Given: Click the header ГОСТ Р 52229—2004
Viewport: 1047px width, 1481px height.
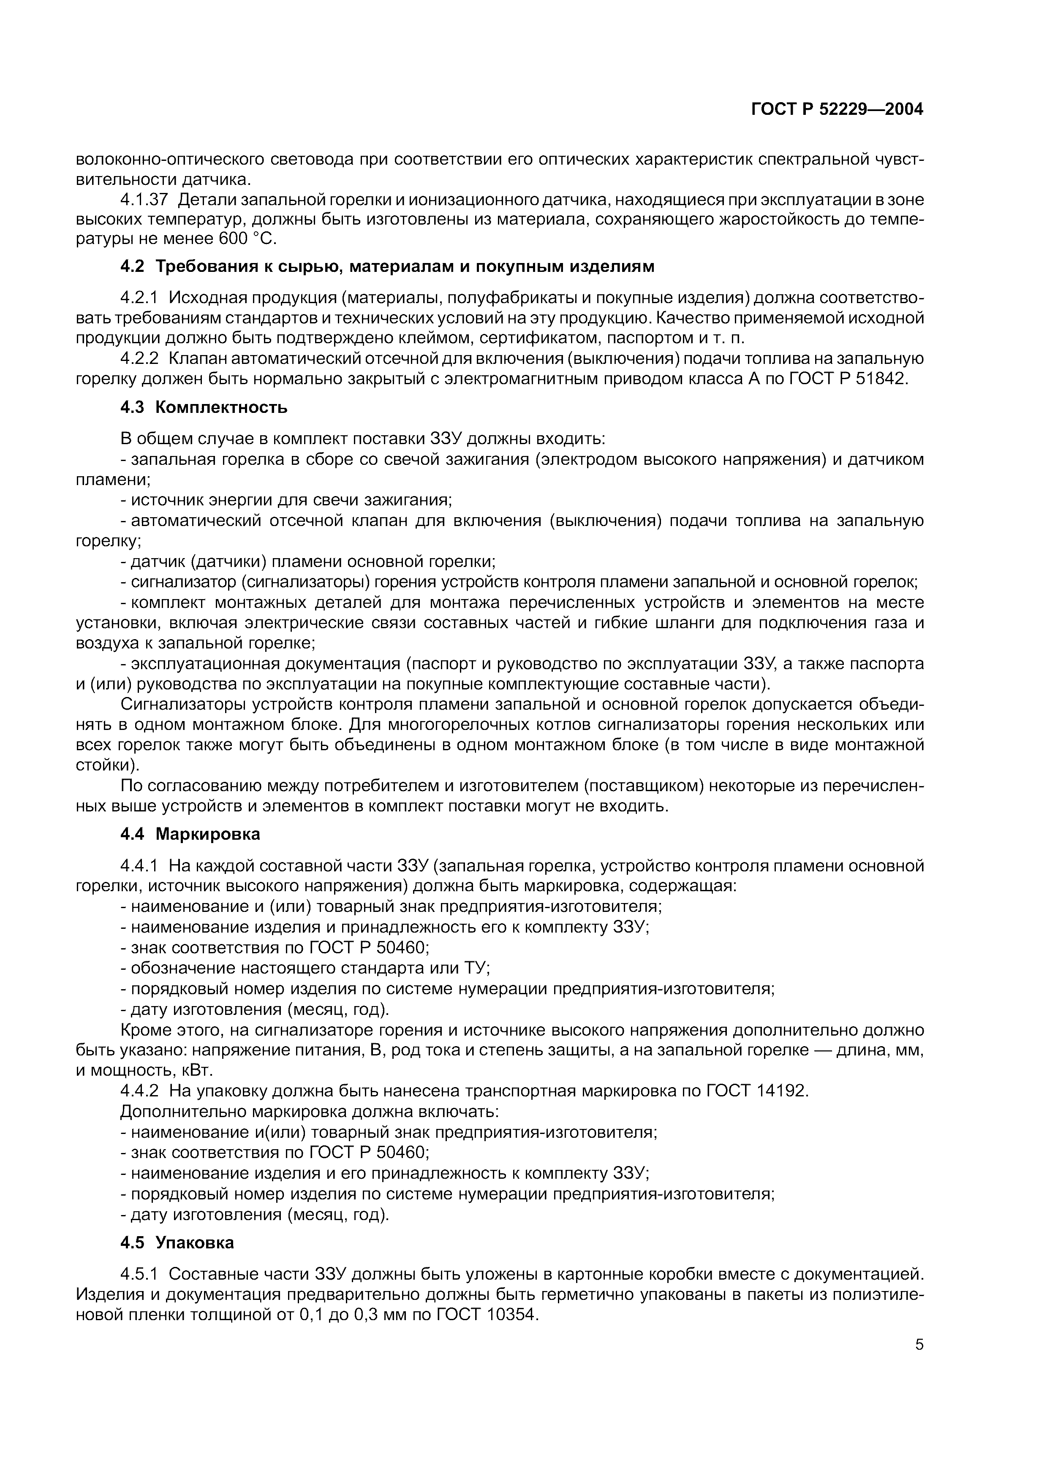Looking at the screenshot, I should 837,110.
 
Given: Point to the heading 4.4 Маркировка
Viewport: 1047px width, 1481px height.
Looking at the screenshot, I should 190,834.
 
